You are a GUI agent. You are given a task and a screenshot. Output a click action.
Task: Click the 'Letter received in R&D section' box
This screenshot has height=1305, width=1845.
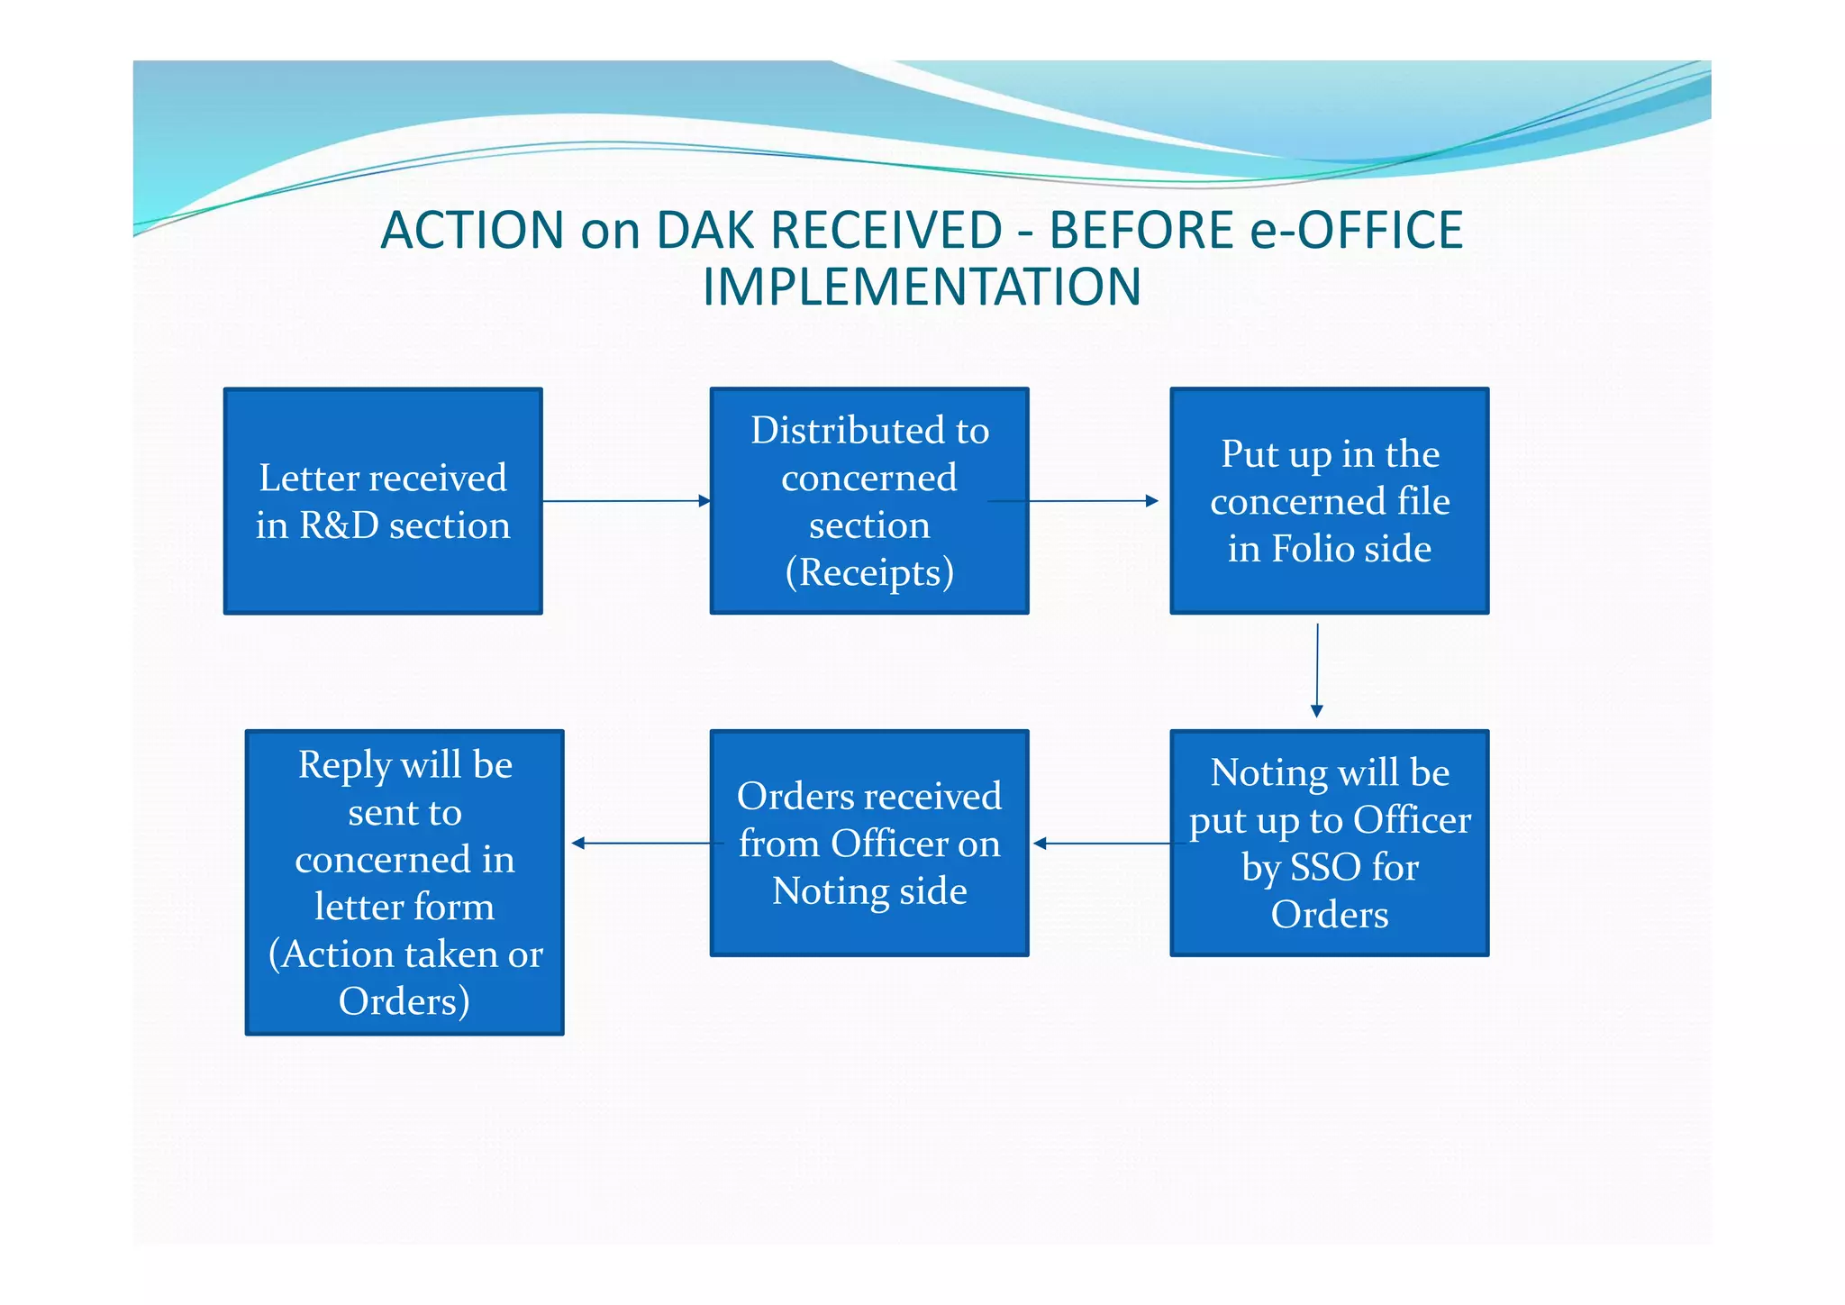(x=383, y=501)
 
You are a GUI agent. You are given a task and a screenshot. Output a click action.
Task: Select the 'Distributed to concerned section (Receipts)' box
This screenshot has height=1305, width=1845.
(x=869, y=501)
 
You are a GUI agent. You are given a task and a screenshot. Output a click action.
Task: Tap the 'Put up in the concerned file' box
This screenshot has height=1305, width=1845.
(x=1330, y=501)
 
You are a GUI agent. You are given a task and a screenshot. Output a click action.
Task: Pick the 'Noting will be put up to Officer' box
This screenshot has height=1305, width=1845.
(x=1330, y=843)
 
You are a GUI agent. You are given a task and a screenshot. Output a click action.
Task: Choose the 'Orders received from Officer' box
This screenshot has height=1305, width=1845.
(x=869, y=843)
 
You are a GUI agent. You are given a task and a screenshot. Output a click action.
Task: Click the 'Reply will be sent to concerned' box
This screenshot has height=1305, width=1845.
(x=404, y=881)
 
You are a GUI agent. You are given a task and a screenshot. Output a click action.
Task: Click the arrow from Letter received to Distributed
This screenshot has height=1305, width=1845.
(x=627, y=501)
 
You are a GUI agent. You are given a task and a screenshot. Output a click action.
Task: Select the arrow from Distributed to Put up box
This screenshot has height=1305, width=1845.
(x=1095, y=501)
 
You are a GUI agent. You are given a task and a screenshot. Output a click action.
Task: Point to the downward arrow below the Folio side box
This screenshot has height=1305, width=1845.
(x=1317, y=671)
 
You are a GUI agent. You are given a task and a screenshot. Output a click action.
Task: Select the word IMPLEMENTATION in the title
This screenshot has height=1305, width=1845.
(x=922, y=287)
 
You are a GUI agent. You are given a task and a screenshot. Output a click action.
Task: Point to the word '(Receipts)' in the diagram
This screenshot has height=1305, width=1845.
(x=869, y=573)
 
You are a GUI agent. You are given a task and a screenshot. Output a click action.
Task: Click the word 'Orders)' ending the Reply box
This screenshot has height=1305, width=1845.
(x=404, y=1001)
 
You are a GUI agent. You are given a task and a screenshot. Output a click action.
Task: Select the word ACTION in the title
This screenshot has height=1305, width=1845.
(x=473, y=230)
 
